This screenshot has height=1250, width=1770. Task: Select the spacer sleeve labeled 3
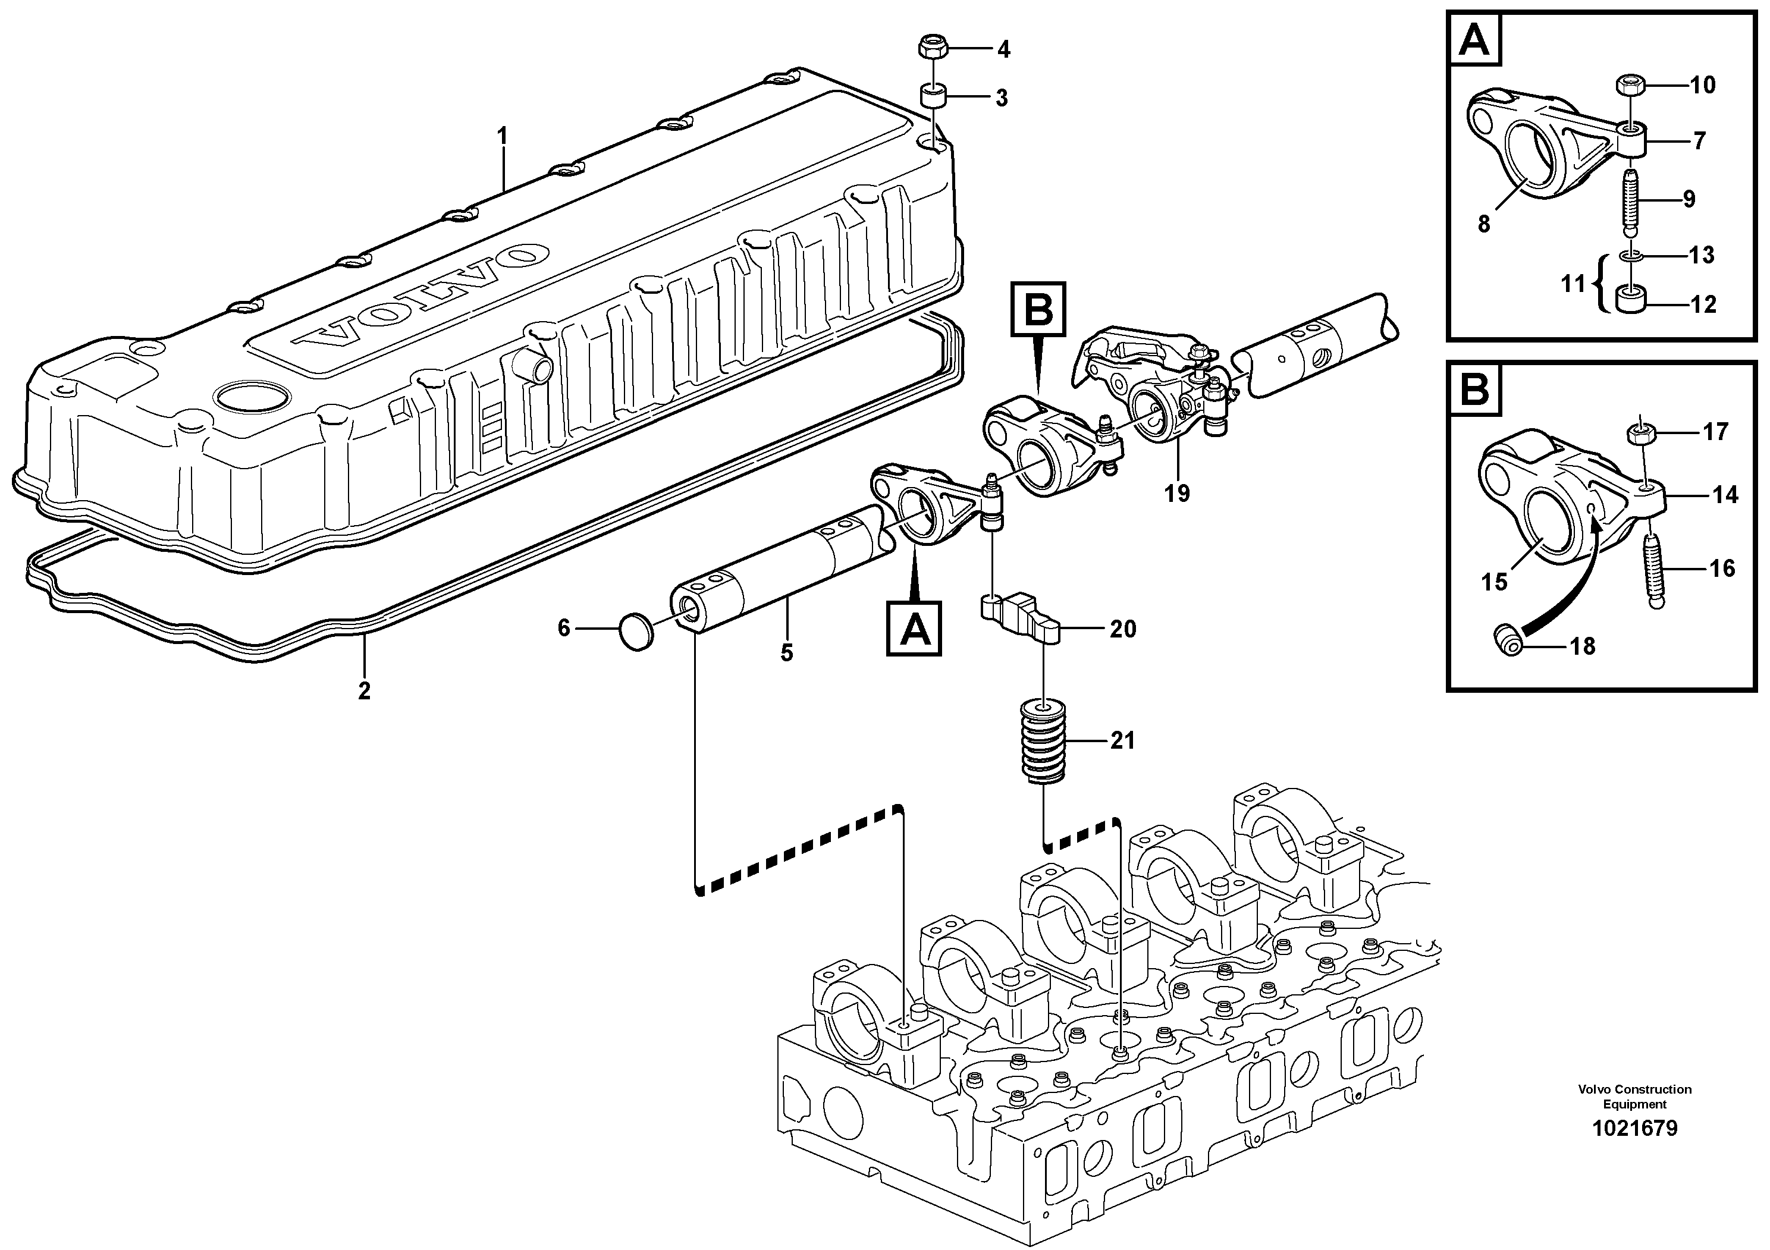[x=930, y=98]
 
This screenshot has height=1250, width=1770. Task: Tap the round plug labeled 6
[x=636, y=631]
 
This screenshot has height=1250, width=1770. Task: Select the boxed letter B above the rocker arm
[x=1038, y=309]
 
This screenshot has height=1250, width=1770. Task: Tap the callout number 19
[x=1177, y=493]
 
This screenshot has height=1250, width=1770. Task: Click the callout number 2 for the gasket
[x=364, y=690]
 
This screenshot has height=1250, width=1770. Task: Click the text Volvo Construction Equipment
[x=1634, y=1097]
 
